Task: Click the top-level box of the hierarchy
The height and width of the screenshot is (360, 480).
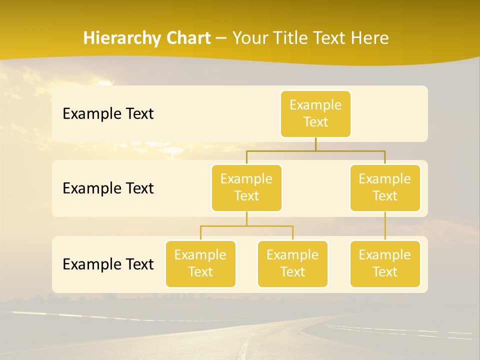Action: [315, 113]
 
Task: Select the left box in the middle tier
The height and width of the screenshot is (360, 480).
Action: [246, 187]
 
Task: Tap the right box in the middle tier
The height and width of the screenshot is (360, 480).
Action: [385, 187]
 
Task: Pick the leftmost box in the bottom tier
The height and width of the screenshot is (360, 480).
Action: [200, 263]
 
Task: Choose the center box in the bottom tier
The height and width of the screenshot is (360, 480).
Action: [292, 263]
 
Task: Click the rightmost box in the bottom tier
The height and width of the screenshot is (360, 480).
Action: [385, 263]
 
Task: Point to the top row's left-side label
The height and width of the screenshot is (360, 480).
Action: [108, 114]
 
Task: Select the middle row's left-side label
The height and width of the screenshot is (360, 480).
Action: [108, 188]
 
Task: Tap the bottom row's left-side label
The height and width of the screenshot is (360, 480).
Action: [108, 264]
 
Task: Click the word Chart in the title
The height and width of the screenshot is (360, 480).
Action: [185, 38]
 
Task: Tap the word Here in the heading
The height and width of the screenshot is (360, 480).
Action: [371, 38]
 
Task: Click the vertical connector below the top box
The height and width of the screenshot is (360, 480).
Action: [315, 144]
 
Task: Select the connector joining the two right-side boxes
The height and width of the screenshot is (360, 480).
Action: [385, 226]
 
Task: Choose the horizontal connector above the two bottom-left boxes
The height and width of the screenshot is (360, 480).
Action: [246, 226]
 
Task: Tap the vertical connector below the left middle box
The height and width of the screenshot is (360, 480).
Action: [246, 218]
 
